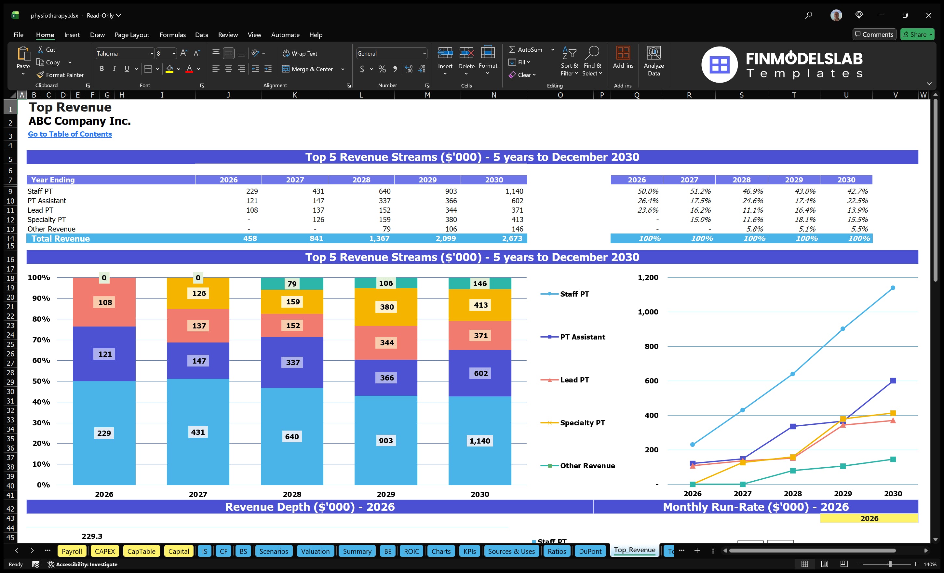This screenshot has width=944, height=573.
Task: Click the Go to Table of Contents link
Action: coord(70,134)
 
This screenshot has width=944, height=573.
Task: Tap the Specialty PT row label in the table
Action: coord(47,220)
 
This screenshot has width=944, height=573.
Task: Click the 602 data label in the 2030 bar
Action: coord(481,373)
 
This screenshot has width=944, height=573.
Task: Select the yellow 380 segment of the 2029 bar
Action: coord(386,307)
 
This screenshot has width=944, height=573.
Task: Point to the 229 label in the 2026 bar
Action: coord(104,433)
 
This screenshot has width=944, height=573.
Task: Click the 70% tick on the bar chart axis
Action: coord(41,340)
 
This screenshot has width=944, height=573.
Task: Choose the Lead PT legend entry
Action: coord(574,380)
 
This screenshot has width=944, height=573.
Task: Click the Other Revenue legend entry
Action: coord(587,465)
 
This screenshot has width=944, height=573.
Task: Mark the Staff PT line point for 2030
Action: coord(893,288)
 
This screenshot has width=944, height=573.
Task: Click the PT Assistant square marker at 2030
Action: coord(893,380)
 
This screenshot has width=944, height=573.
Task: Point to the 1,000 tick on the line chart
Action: coord(648,312)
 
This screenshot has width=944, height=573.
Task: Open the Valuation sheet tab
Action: coord(315,551)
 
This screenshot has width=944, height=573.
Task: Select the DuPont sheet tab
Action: coord(590,551)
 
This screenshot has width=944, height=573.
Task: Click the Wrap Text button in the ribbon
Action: coord(300,54)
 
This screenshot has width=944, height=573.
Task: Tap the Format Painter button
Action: coord(60,75)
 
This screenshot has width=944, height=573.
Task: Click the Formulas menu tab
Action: coord(172,35)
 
